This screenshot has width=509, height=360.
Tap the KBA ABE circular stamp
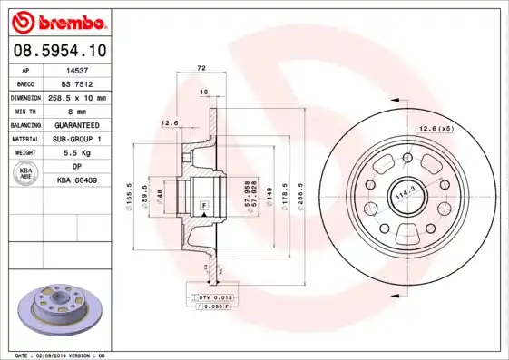[25, 174]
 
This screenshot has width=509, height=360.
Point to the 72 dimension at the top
[201, 68]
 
